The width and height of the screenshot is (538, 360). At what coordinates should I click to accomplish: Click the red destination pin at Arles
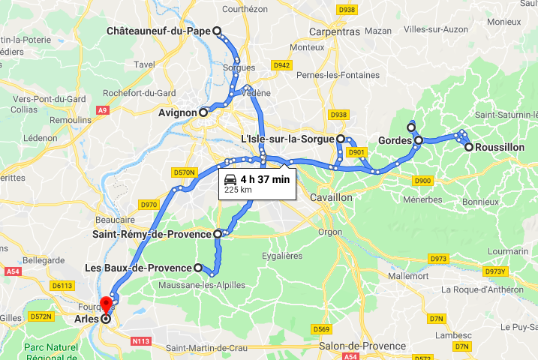[x=106, y=305]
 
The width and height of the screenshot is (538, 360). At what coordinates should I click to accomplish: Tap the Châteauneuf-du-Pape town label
[x=159, y=31]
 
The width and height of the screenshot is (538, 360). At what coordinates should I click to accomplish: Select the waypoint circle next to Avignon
[x=203, y=112]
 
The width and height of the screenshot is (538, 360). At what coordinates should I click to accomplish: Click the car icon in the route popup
[x=230, y=178]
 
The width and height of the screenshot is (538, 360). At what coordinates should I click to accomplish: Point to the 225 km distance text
[x=237, y=190]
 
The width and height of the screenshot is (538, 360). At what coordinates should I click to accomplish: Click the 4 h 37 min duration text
[x=265, y=178]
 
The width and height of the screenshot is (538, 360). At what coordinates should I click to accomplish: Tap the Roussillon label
[x=500, y=148]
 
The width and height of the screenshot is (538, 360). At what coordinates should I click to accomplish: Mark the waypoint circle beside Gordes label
[x=418, y=140]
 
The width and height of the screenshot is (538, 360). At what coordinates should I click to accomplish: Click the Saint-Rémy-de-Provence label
[x=152, y=234]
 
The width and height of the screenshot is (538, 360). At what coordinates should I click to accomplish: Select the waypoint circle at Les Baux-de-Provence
[x=198, y=268]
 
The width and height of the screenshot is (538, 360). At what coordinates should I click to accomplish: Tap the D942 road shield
[x=282, y=65]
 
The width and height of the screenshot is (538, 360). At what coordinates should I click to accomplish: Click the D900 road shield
[x=422, y=180]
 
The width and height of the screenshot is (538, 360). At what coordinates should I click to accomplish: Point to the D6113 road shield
[x=62, y=285]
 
